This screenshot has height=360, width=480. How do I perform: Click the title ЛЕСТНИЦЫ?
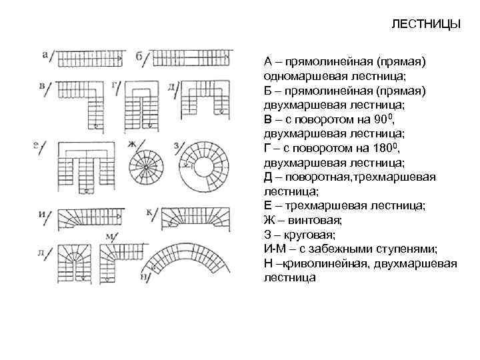(x=425, y=25)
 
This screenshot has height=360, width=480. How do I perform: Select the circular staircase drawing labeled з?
(x=204, y=168)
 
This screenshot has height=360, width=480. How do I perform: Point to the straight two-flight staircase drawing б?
(x=191, y=59)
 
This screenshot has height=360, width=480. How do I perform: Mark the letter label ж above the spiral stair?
(x=131, y=143)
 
